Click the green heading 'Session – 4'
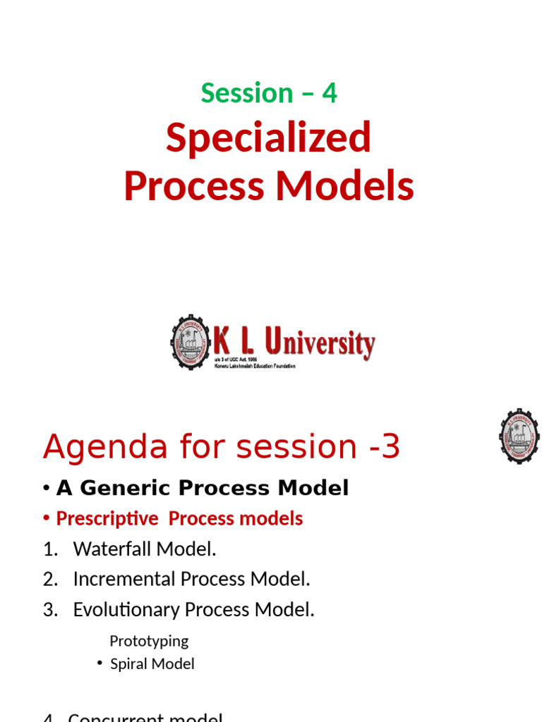[x=269, y=93]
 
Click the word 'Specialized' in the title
[x=268, y=137]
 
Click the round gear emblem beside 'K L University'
[x=191, y=343]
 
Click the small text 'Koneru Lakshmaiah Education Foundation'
[x=254, y=366]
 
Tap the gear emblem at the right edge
[x=519, y=436]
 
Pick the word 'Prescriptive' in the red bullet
[x=107, y=518]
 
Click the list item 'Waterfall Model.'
[x=145, y=549]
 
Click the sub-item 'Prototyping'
[x=149, y=641]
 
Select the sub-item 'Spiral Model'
[x=152, y=663]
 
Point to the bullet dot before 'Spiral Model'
[x=100, y=663]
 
